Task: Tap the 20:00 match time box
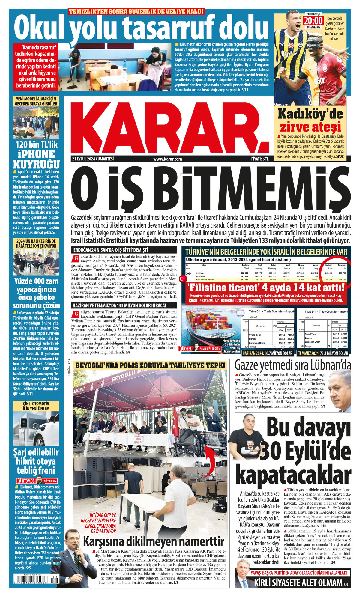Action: [x=313, y=21]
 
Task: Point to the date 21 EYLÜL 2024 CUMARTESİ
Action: [x=93, y=159]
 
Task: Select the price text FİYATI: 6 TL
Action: [x=260, y=159]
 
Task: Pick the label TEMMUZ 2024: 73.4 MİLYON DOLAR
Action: [x=323, y=353]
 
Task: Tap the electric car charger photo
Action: [x=36, y=429]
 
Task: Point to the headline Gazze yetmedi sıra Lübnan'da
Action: [x=292, y=365]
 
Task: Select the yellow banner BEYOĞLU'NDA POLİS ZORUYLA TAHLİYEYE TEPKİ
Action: [x=150, y=365]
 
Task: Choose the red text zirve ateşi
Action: [x=310, y=127]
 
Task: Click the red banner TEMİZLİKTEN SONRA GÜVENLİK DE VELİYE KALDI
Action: [x=136, y=12]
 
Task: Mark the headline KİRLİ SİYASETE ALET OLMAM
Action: [x=298, y=583]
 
